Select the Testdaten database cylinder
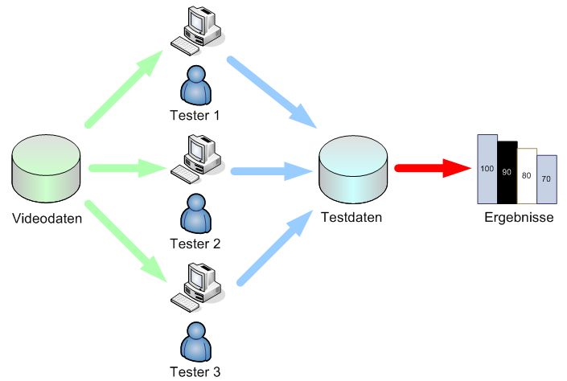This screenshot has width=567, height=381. (353, 170)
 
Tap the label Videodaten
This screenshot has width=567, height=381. (47, 217)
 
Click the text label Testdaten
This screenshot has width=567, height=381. (351, 217)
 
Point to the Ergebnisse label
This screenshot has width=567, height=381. (519, 218)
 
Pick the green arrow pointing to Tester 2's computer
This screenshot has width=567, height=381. (129, 169)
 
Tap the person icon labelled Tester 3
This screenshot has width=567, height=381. (195, 342)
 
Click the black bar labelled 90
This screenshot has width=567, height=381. (507, 172)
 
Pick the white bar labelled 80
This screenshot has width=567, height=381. (527, 175)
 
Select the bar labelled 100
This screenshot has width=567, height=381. (487, 169)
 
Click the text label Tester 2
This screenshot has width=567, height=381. (195, 243)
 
